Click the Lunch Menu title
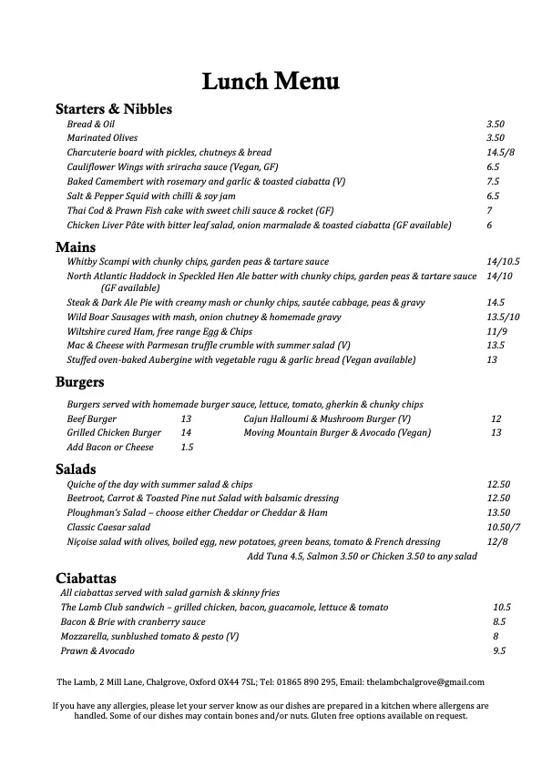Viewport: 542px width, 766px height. click(271, 82)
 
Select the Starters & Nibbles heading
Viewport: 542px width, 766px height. click(114, 109)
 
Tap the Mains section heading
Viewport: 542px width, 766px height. click(77, 247)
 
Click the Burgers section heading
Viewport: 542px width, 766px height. click(80, 382)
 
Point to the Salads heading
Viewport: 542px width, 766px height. click(76, 469)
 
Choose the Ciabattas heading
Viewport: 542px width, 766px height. click(87, 577)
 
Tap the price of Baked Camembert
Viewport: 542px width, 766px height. click(493, 181)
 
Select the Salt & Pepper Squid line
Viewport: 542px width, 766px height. click(150, 196)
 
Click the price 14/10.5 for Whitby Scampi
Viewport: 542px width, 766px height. click(503, 261)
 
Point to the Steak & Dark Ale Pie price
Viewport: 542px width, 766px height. click(496, 302)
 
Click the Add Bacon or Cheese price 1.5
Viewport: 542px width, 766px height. click(187, 448)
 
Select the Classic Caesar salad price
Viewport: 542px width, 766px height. click(503, 528)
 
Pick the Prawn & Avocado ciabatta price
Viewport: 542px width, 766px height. click(499, 651)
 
